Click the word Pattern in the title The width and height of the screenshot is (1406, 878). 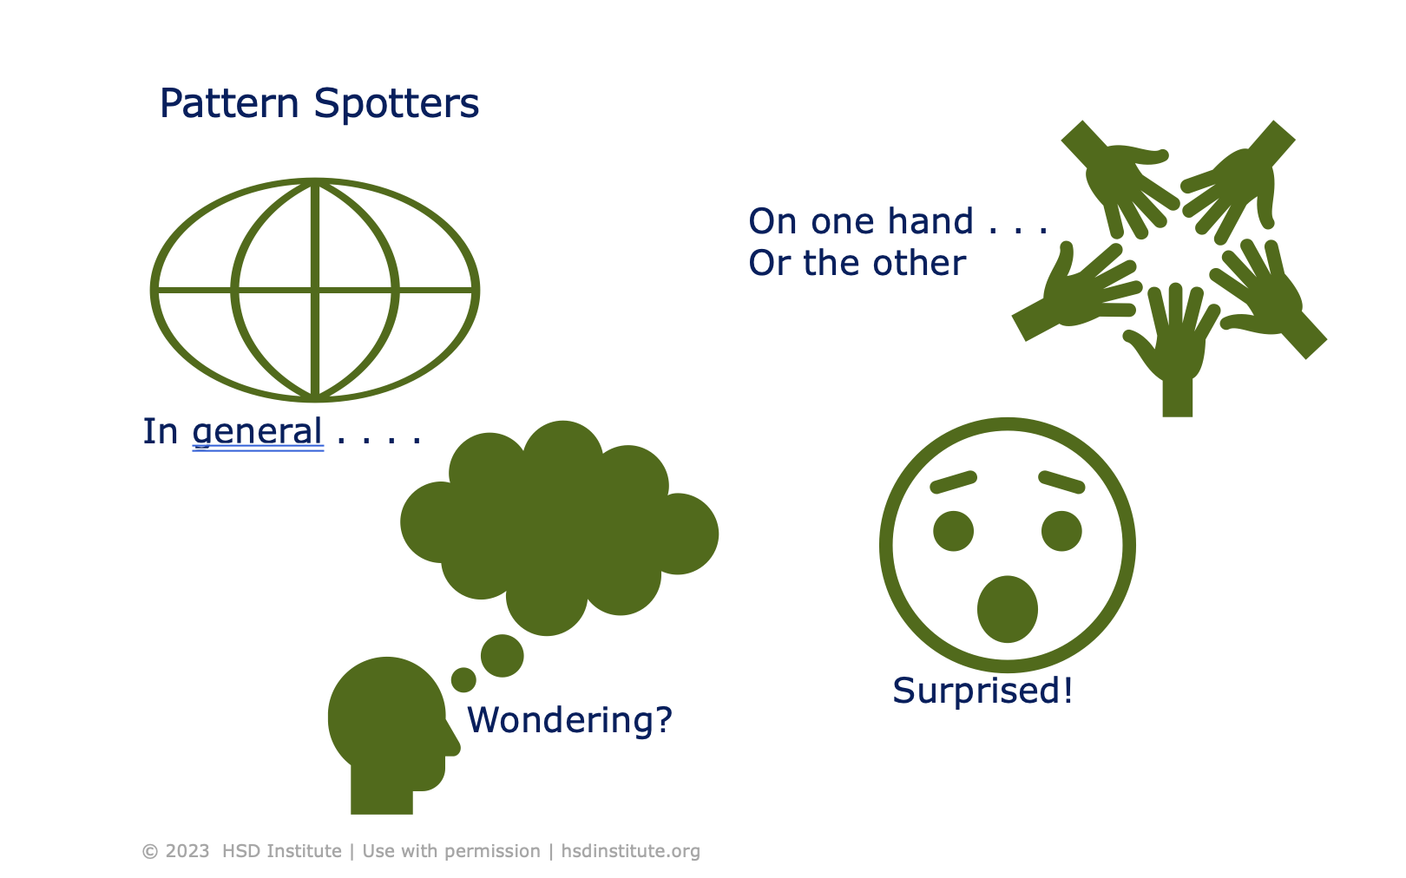pyautogui.click(x=229, y=104)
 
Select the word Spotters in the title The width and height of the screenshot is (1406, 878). pyautogui.click(x=396, y=104)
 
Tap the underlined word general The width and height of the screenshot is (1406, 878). pyautogui.click(x=258, y=431)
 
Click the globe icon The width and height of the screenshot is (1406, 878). pyautogui.click(x=315, y=290)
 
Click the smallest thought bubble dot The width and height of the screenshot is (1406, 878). pyautogui.click(x=463, y=679)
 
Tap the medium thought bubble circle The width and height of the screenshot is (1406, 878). pyautogui.click(x=502, y=655)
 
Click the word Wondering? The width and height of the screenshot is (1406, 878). pyautogui.click(x=569, y=720)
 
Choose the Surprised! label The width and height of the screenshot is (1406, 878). pyautogui.click(x=982, y=691)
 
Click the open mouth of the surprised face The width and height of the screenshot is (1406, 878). pyautogui.click(x=1007, y=609)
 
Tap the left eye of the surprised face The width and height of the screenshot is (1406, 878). pyautogui.click(x=953, y=531)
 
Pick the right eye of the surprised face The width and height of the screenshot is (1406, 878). pyautogui.click(x=1061, y=531)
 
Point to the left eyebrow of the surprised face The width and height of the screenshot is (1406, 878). pyautogui.click(x=953, y=482)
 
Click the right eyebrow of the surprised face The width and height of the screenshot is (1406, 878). pyautogui.click(x=1061, y=482)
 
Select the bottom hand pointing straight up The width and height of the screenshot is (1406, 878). pyautogui.click(x=1175, y=347)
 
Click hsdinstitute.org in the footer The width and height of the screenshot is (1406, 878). pyautogui.click(x=630, y=851)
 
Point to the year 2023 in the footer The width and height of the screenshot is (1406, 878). pyautogui.click(x=187, y=851)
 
